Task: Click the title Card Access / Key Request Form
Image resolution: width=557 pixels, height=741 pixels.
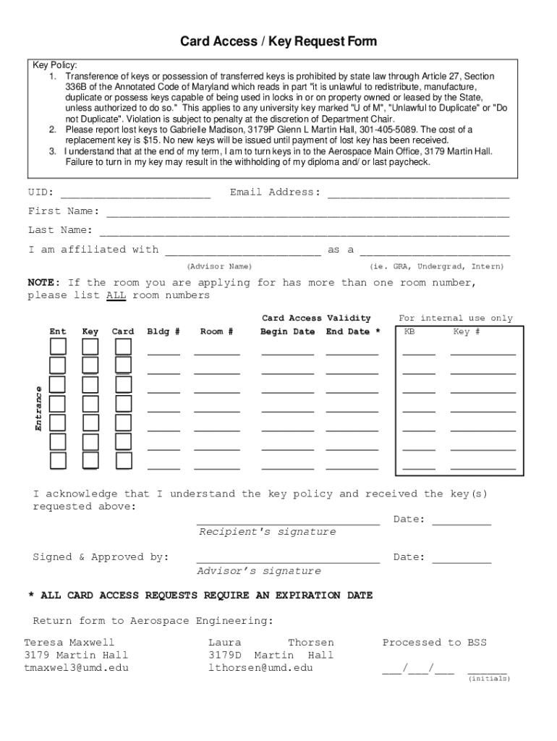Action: (278, 41)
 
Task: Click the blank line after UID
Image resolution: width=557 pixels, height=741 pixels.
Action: (135, 194)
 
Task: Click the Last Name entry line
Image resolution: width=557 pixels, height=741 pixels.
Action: (304, 232)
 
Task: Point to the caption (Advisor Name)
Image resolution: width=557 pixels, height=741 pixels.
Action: (219, 266)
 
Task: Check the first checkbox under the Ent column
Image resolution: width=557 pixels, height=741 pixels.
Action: (58, 347)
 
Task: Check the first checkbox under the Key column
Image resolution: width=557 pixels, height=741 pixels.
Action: (90, 347)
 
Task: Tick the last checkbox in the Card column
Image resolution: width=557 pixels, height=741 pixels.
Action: (124, 460)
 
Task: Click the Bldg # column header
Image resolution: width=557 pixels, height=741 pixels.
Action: (163, 331)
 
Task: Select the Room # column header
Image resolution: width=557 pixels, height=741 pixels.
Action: (217, 331)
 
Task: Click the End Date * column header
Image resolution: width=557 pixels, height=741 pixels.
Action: (353, 331)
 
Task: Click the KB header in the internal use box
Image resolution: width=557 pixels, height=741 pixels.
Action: (409, 331)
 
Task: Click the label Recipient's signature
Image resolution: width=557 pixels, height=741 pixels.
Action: (268, 532)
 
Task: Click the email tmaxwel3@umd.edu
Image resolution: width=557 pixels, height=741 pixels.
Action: (76, 668)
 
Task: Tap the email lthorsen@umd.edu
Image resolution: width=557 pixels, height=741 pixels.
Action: (260, 668)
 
